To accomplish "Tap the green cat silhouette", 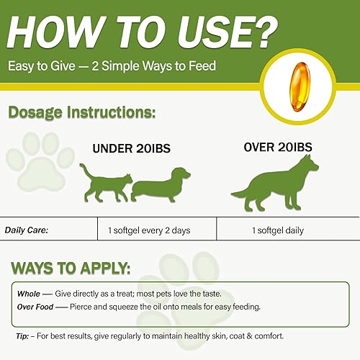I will [x=104, y=183].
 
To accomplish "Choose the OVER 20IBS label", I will [x=277, y=147].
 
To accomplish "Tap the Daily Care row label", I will [x=30, y=231].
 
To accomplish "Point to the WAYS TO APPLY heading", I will [x=70, y=269].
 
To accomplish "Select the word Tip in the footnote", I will [x=22, y=336].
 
